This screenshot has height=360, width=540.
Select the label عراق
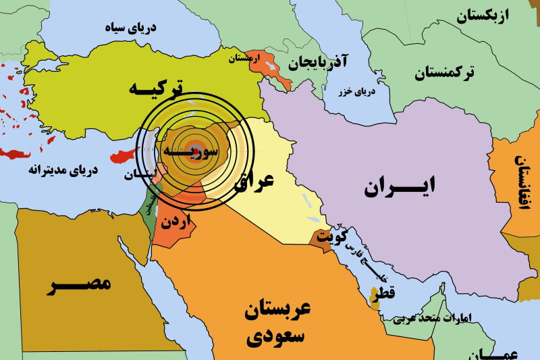[x=253, y=180]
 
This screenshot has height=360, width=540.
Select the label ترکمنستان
[x=445, y=73]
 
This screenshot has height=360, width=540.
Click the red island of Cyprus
[x=119, y=157]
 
